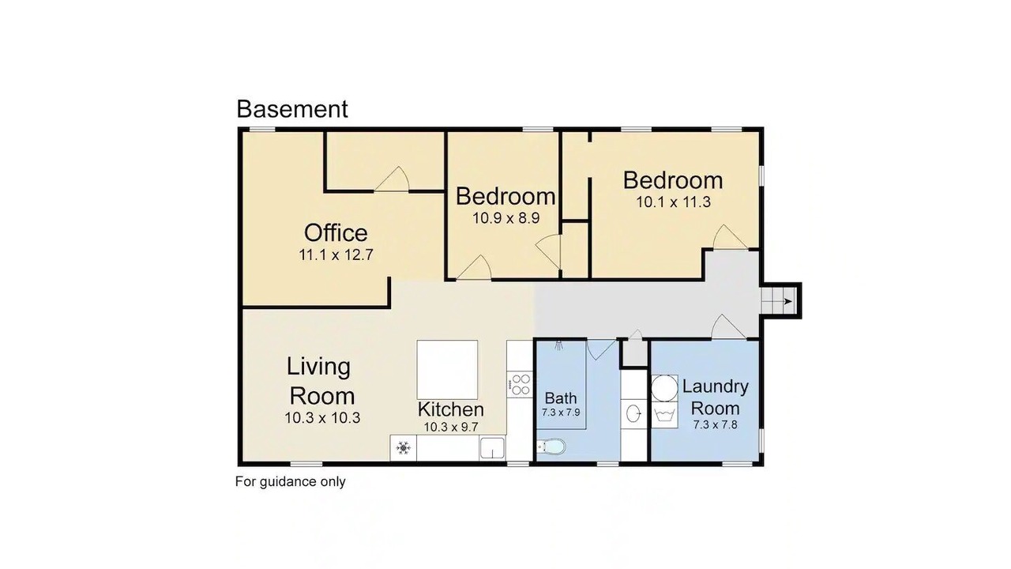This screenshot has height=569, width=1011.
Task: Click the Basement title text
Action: [x=292, y=109]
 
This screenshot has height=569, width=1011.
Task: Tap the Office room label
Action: [x=336, y=233]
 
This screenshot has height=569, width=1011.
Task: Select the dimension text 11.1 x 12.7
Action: [x=336, y=255]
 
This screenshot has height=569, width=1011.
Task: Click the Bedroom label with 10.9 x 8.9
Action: [x=505, y=197]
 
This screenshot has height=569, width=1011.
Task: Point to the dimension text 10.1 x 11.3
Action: [x=674, y=202]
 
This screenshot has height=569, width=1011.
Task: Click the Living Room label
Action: [x=321, y=381]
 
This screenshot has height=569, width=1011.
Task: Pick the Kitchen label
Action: [x=450, y=409]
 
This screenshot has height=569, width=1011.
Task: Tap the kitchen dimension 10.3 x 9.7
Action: [x=450, y=427]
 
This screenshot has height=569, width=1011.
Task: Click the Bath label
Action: [x=561, y=398]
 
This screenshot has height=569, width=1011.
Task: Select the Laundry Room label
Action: [x=716, y=398]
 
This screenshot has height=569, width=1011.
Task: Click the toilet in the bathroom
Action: [x=551, y=447]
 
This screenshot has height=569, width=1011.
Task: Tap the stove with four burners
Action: [x=520, y=385]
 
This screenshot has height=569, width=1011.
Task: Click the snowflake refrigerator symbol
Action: [x=403, y=448]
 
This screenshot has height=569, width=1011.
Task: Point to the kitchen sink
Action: [x=492, y=448]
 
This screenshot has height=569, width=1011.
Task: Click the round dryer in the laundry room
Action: [x=664, y=388]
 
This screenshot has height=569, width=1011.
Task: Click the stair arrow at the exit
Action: [x=788, y=302]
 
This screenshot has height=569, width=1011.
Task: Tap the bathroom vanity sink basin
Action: [x=634, y=413]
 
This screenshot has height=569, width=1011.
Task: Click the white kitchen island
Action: [x=447, y=369]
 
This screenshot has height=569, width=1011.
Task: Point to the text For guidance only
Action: [x=290, y=482]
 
